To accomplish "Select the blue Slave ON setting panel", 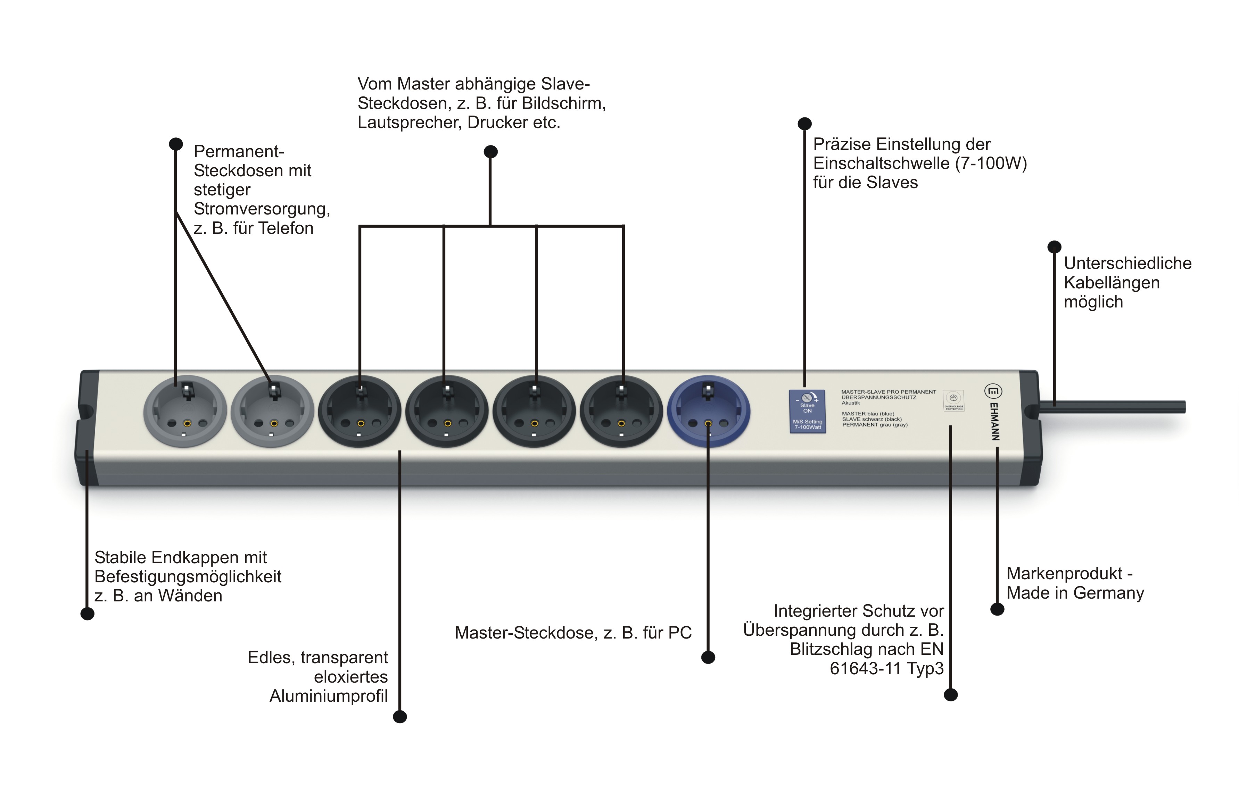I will tap(807, 412).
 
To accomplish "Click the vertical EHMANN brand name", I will tap(994, 422).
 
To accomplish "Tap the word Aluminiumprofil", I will tap(328, 696).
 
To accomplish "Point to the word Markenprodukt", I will tap(1064, 573).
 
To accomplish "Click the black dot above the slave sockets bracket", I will tap(490, 152).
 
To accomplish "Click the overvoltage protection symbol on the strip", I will tap(953, 399).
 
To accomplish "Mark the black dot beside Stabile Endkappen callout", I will tap(87, 614).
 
